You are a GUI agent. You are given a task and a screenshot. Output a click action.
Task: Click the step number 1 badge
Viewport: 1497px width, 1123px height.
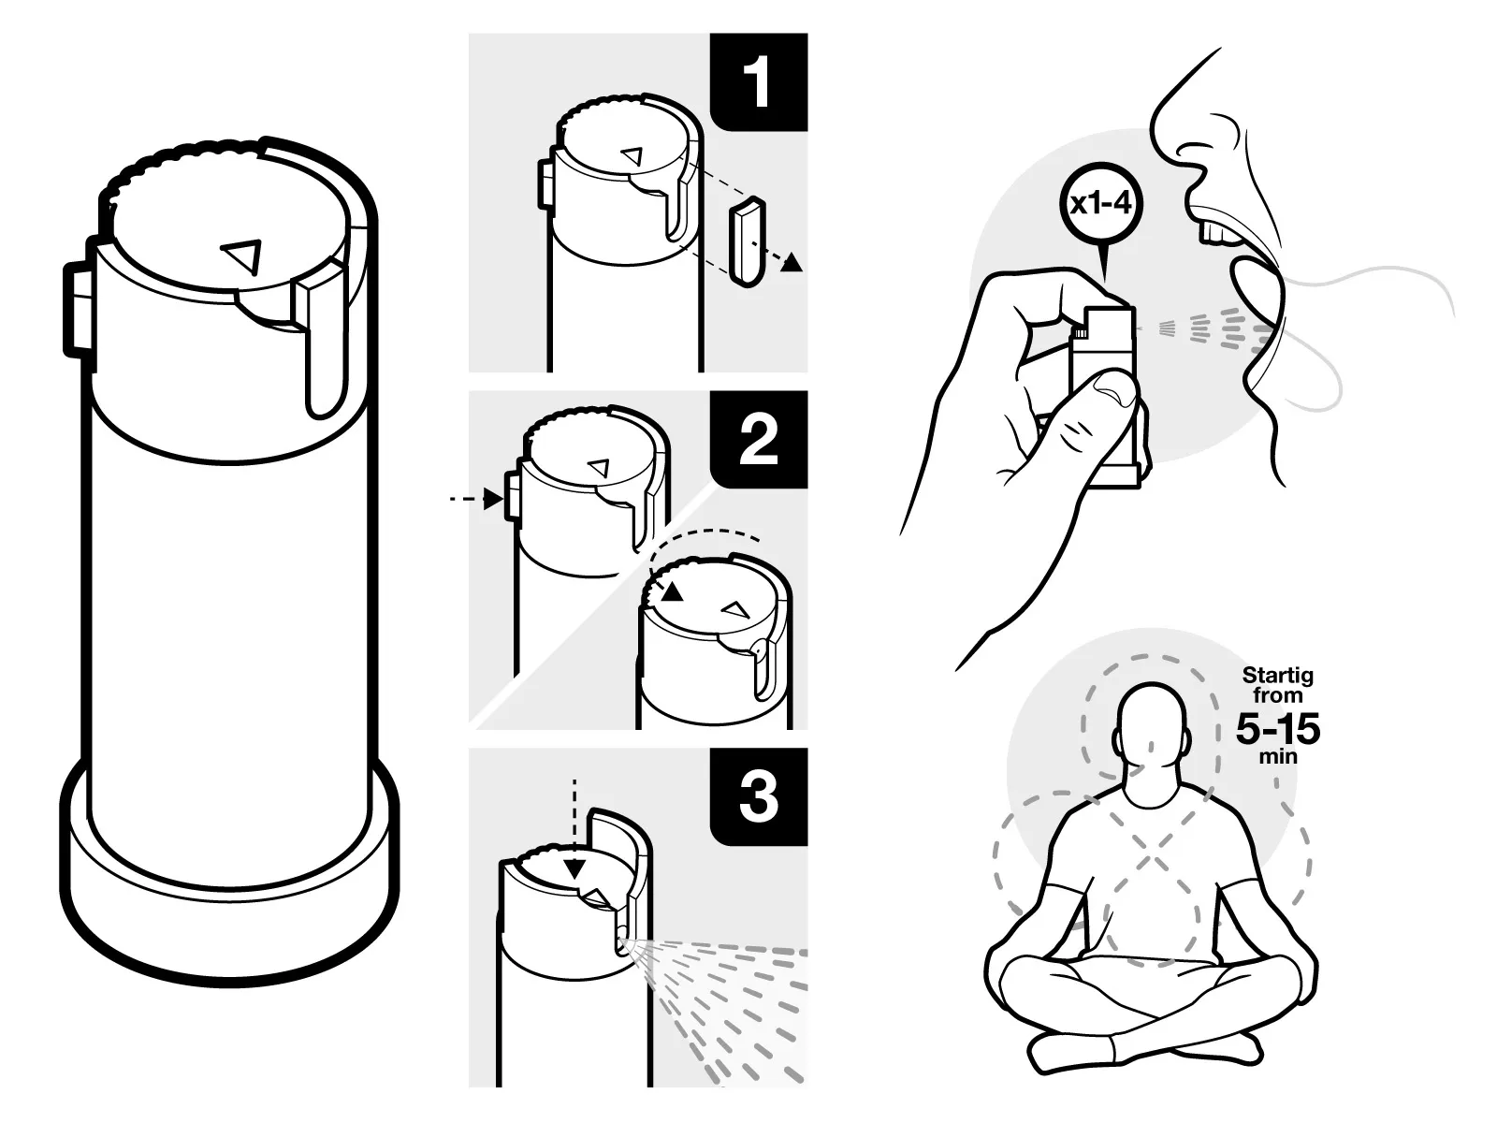click(759, 81)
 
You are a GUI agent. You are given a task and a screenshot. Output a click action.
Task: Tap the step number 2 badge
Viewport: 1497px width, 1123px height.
click(759, 439)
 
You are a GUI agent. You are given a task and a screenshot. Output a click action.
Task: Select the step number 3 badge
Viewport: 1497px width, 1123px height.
click(759, 797)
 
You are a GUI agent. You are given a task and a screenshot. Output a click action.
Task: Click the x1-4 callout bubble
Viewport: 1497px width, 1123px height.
click(1101, 204)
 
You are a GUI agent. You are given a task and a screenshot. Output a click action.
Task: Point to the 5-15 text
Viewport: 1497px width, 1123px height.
click(1277, 730)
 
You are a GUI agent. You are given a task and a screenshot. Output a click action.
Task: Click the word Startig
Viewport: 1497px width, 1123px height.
click(1277, 675)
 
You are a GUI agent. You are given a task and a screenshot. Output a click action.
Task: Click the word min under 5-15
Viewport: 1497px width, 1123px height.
click(1277, 756)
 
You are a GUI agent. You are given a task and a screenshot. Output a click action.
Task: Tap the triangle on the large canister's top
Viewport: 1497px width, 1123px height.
click(242, 255)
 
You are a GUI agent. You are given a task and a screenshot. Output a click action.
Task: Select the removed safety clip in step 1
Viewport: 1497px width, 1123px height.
click(745, 241)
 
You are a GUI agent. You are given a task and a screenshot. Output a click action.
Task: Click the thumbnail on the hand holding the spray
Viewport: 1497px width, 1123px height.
click(1112, 386)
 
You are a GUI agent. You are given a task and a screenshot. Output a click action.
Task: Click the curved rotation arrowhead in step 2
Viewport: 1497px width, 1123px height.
click(669, 591)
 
